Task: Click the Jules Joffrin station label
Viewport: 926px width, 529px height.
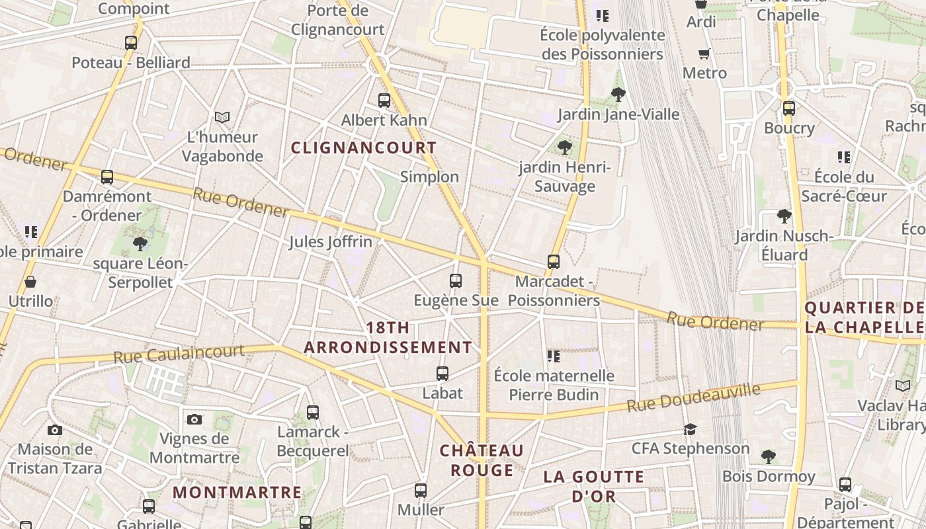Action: tap(331, 242)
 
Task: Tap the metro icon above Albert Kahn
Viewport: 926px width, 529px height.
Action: tap(384, 101)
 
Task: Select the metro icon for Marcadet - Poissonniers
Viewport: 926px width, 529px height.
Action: tap(554, 262)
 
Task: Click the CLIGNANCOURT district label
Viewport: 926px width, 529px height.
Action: tap(364, 147)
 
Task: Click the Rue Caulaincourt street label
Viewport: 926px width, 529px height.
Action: tap(179, 354)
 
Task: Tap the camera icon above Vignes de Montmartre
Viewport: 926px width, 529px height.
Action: tap(194, 419)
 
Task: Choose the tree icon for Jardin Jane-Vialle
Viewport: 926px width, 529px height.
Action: tap(618, 94)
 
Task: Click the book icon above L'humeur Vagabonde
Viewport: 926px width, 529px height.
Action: tap(222, 117)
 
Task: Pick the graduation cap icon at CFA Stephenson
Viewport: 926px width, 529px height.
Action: tap(691, 429)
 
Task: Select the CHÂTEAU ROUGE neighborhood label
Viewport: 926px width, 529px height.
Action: tap(482, 460)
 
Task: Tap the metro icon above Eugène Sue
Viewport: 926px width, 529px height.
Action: tap(456, 281)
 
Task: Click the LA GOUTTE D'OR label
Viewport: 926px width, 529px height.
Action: tap(594, 486)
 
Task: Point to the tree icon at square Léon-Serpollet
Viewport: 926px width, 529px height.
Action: tap(140, 244)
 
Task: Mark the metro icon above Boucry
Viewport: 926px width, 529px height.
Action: tap(788, 108)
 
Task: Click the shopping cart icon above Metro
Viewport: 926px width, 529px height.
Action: tap(704, 54)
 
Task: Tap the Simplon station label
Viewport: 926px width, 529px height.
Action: tap(429, 177)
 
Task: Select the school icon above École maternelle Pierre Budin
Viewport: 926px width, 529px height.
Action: tap(554, 356)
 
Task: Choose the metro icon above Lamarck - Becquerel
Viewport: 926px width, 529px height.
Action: tap(313, 413)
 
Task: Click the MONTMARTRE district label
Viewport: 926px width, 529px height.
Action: tap(237, 493)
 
